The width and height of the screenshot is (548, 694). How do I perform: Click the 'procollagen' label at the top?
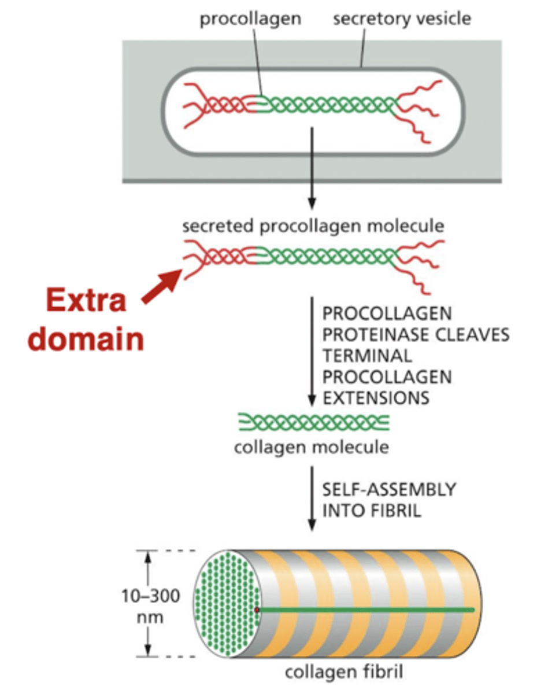(x=250, y=19)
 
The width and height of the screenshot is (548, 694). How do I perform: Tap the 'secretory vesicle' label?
(x=402, y=19)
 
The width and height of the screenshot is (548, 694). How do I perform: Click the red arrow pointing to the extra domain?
(x=162, y=285)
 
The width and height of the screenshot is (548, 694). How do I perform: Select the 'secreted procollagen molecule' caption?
(x=313, y=226)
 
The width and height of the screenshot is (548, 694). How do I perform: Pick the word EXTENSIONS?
(x=376, y=398)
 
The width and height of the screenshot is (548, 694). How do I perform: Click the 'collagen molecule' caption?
(x=312, y=448)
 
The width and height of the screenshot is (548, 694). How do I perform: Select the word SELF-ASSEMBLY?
(x=389, y=490)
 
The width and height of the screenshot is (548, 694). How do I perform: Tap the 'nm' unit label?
(x=152, y=617)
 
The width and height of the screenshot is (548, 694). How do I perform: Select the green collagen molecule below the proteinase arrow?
(x=313, y=423)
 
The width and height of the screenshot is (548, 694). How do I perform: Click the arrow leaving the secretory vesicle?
(x=312, y=168)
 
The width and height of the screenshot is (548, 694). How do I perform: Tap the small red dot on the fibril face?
(x=257, y=610)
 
